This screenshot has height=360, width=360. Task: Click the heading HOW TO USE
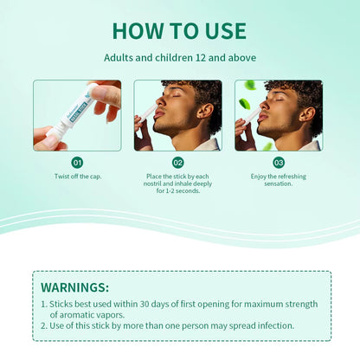179,30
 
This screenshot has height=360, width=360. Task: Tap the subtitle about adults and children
179,58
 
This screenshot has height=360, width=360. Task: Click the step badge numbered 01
78,162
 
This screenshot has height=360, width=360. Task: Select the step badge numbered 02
178,162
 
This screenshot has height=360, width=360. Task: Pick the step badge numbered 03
279,162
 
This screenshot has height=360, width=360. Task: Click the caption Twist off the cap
78,176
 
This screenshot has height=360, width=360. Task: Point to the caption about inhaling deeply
178,183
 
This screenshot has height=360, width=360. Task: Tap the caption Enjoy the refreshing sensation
279,179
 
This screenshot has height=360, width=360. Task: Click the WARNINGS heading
75,286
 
